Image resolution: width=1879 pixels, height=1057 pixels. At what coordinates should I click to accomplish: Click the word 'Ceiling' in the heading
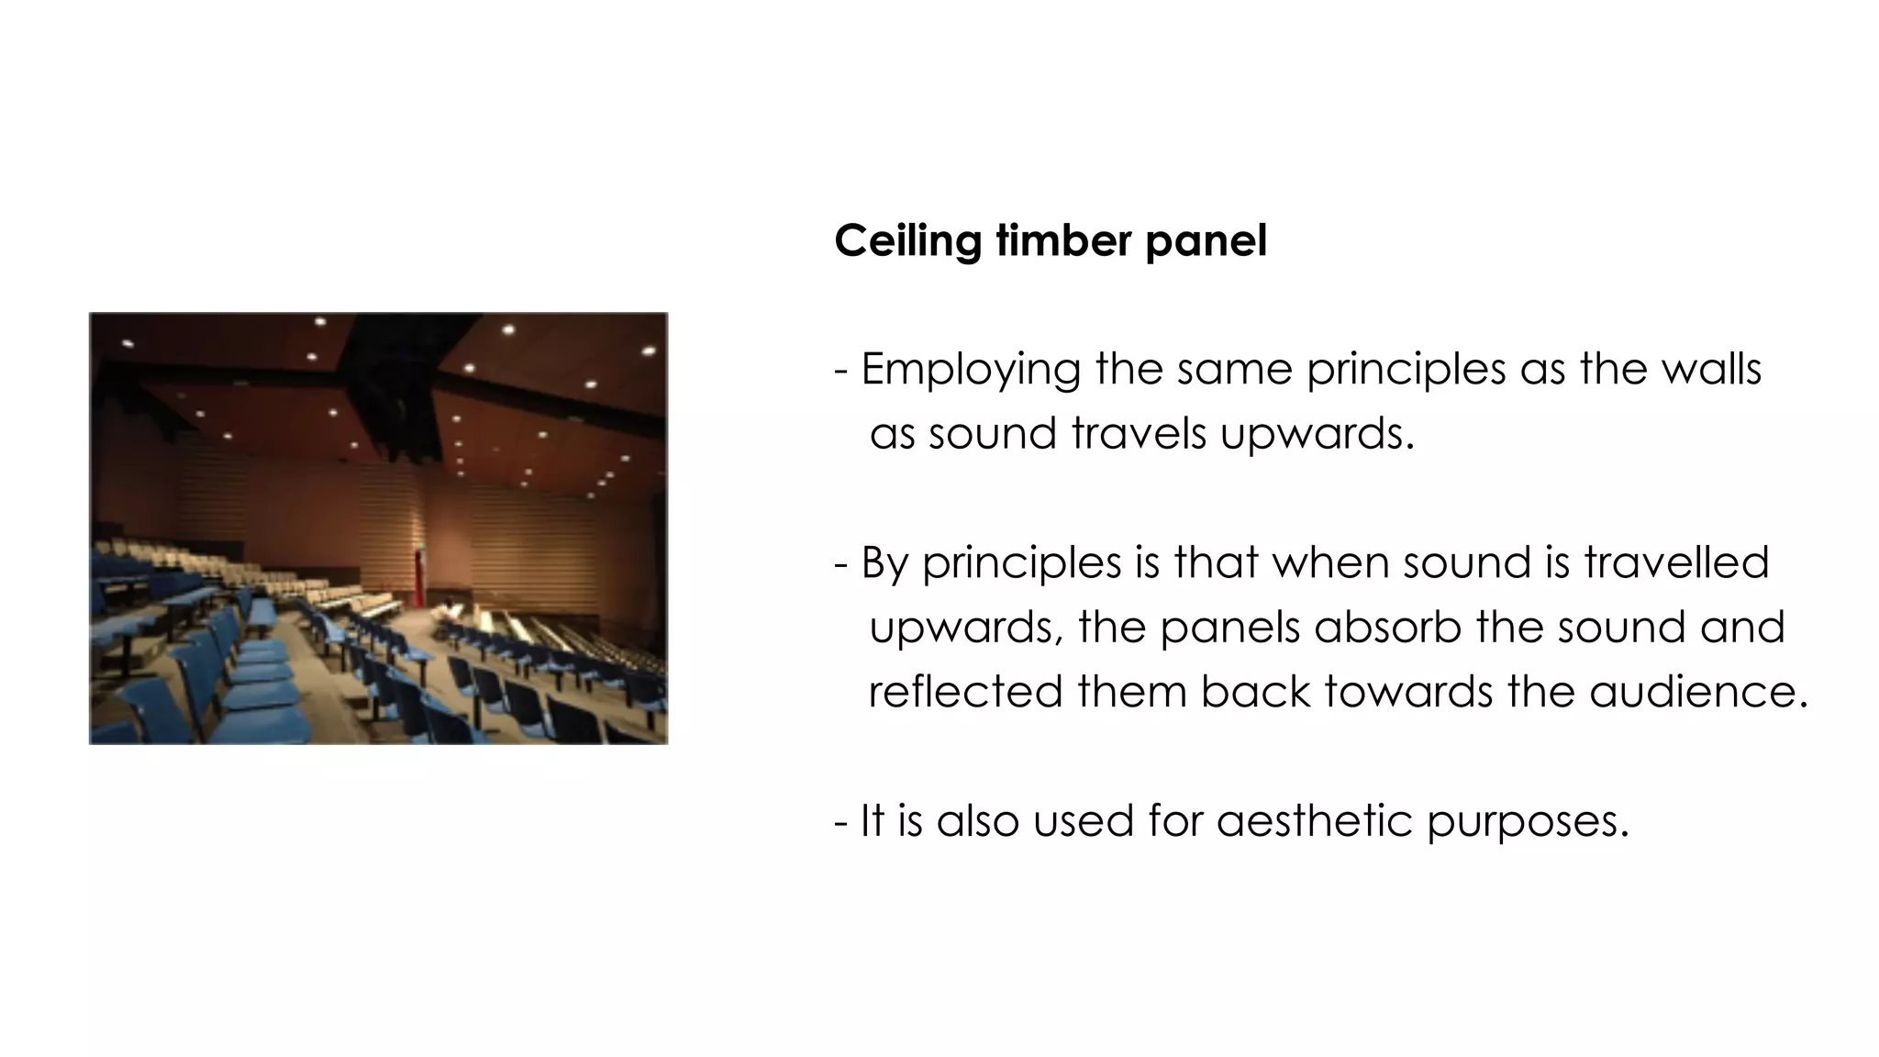point(907,242)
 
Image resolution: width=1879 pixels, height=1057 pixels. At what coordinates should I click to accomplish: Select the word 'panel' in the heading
point(1206,242)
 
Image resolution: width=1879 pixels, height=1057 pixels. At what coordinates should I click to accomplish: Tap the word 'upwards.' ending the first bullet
point(1318,435)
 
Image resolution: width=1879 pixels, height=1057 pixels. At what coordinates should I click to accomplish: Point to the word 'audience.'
point(1697,691)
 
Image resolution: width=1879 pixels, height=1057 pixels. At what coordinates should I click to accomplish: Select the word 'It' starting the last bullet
point(872,819)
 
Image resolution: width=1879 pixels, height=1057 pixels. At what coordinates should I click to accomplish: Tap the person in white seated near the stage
point(449,609)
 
